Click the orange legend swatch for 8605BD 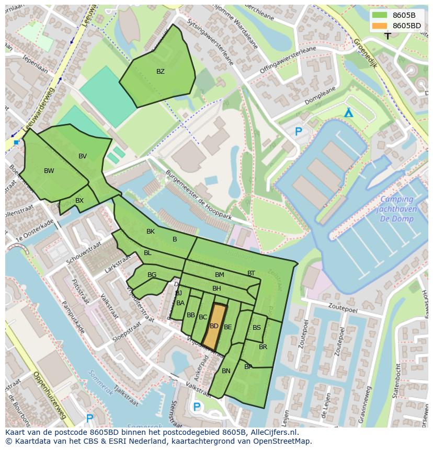point(380,26)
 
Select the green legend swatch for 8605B point(380,15)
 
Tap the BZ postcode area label point(161,72)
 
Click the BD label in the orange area point(214,326)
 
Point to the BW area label point(49,171)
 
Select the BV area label point(83,156)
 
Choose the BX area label point(79,201)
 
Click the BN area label point(226,371)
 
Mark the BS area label point(257,328)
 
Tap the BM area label point(220,275)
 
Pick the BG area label point(152,275)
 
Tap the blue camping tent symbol point(348,113)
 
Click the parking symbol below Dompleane point(299,132)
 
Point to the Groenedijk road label point(364,52)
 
